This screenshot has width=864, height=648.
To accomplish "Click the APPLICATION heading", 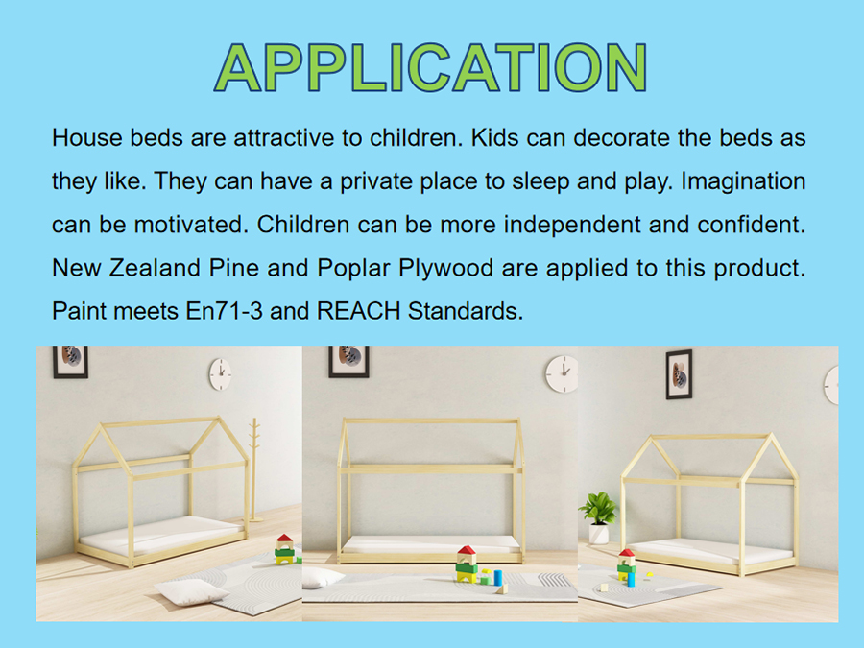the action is [430, 67].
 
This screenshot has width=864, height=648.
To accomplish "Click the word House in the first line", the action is [86, 137].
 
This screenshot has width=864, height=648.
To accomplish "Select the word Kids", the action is [494, 137].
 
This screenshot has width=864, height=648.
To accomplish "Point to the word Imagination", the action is [743, 181].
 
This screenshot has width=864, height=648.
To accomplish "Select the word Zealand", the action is [155, 269].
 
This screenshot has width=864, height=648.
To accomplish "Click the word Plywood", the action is [445, 269].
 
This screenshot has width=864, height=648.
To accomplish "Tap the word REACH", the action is [358, 311].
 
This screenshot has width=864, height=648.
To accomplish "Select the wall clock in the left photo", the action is [220, 374].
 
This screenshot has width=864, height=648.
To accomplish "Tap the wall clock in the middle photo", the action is [562, 373].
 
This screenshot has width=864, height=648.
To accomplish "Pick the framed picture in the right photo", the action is [679, 374].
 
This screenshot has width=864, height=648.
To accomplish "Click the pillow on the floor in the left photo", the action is [191, 593].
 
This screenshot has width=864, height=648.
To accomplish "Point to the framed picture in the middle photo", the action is [348, 362].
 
